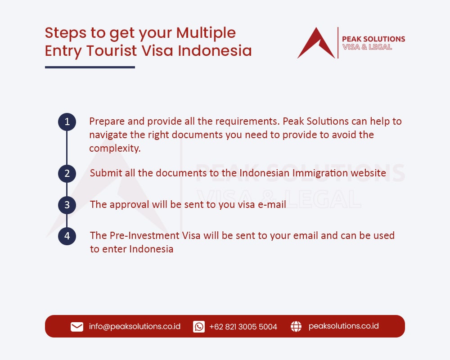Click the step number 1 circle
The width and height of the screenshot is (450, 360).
(x=67, y=122)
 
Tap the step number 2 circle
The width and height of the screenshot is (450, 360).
(x=67, y=173)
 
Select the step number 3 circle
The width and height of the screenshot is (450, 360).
(x=67, y=205)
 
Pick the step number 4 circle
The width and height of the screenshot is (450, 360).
(x=67, y=236)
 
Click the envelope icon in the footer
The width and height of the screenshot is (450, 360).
(x=77, y=327)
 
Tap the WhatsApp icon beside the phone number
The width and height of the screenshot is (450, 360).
(x=199, y=327)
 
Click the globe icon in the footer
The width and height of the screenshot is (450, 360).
(x=296, y=327)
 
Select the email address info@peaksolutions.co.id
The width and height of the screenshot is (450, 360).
(x=135, y=326)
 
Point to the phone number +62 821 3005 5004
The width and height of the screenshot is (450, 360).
(x=243, y=327)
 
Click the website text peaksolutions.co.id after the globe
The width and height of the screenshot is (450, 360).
(x=343, y=326)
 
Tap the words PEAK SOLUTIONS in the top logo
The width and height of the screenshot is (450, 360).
(x=373, y=39)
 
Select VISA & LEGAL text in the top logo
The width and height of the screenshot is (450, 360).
(x=367, y=47)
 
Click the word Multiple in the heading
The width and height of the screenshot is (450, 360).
(x=206, y=33)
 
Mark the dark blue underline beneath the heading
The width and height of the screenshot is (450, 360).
(x=90, y=67)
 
